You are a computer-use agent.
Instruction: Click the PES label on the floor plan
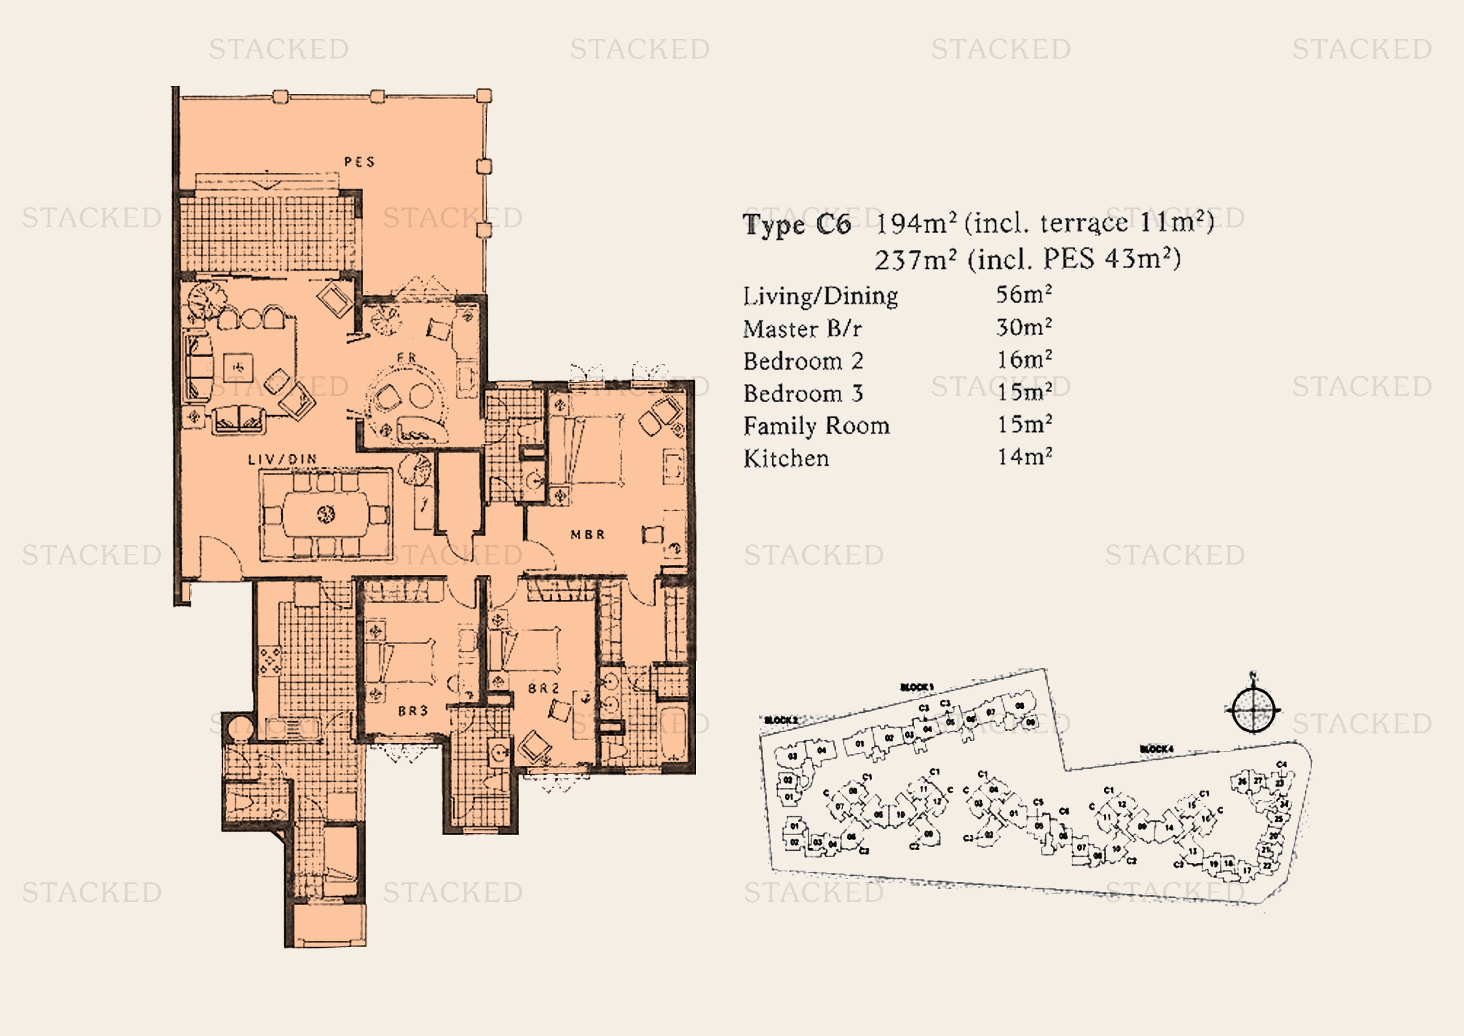pos(359,162)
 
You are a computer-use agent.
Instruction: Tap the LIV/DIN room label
pos(282,459)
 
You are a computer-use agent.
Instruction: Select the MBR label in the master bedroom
pos(587,534)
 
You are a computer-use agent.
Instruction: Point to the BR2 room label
pos(543,688)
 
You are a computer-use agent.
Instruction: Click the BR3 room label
pos(412,711)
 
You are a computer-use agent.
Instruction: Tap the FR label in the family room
pos(406,358)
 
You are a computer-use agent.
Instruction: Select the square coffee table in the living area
pos(238,368)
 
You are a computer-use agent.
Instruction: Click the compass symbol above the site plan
pos(1252,710)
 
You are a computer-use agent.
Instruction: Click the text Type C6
pos(796,225)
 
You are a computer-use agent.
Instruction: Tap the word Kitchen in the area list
pos(786,458)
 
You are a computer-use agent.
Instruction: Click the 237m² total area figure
pos(915,261)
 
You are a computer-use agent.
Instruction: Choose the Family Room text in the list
pos(816,426)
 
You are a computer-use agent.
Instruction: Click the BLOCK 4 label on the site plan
pos(1156,749)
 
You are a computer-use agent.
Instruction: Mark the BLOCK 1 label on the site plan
pos(916,687)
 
